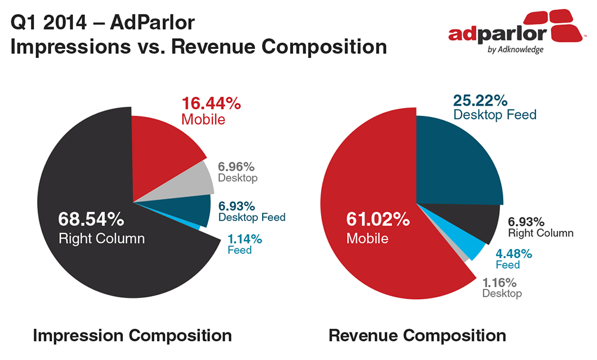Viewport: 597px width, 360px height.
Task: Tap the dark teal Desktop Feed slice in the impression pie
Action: [x=190, y=210]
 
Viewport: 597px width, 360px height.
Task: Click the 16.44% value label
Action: [x=211, y=103]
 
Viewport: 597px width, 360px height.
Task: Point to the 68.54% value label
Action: [x=91, y=219]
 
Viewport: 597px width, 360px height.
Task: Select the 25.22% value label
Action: [x=480, y=100]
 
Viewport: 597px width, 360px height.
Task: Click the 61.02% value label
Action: [x=378, y=219]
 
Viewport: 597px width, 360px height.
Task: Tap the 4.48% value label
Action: [x=513, y=254]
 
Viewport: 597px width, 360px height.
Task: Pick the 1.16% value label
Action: [x=500, y=282]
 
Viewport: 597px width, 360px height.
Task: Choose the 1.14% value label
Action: [x=245, y=239]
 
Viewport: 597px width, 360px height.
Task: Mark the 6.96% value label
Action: [x=236, y=167]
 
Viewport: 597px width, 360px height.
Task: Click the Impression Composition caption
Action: [x=132, y=336]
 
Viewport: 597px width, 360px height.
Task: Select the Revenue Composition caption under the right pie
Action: [x=417, y=336]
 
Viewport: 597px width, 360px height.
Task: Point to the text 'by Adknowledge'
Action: [x=516, y=50]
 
